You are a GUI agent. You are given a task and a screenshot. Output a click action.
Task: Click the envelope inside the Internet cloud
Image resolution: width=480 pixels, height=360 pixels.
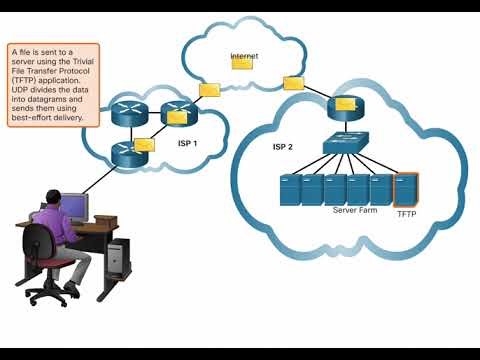point(242,63)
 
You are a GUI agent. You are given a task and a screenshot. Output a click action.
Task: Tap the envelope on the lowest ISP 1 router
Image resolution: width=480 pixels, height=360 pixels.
point(143,145)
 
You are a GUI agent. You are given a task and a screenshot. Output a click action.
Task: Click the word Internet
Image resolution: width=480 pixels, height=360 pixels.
point(245,54)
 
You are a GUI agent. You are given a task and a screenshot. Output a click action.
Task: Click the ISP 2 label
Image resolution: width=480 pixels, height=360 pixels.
point(283,147)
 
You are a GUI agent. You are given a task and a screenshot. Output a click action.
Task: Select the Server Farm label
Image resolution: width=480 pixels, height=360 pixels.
point(353,211)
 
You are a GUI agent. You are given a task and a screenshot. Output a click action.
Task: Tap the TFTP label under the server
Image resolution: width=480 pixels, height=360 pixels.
point(406,214)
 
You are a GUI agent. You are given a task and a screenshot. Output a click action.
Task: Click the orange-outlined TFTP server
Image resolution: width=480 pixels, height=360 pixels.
point(405,189)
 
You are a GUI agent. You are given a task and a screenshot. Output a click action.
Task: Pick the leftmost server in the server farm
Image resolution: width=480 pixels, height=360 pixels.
point(290,190)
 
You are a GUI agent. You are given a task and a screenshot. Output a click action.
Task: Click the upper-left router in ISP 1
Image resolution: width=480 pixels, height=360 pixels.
point(130,106)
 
